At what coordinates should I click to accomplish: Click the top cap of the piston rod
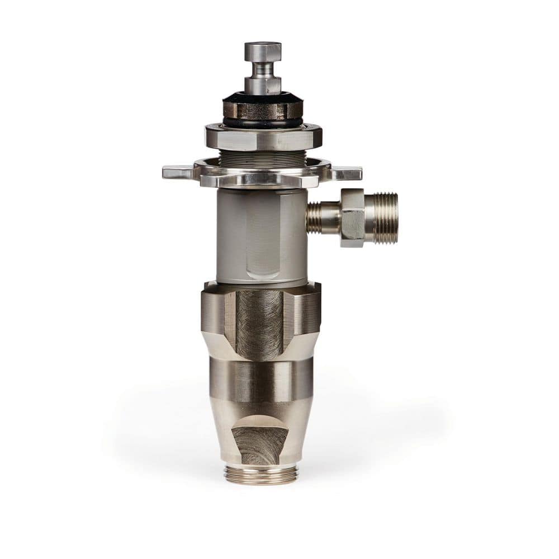[262, 51]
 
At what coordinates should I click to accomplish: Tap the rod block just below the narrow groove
[262, 85]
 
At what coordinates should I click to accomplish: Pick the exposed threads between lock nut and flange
[262, 159]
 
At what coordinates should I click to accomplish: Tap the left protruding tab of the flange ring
[177, 173]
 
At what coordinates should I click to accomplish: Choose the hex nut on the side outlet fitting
[352, 218]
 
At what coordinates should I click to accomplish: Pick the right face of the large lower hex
[305, 316]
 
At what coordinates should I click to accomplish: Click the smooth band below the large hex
[261, 380]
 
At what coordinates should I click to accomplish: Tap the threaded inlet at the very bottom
[261, 474]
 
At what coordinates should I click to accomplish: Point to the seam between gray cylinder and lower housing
[261, 283]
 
